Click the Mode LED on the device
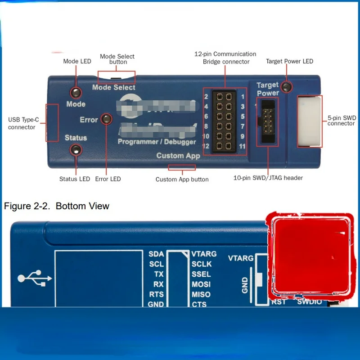[75, 92]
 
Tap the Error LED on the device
[107, 119]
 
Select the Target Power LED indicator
[285, 86]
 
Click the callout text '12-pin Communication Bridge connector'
[225, 58]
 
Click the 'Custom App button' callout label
[182, 179]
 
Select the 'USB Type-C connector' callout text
[22, 123]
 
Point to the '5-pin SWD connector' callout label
[342, 121]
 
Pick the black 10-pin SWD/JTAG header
[267, 121]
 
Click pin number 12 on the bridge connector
[206, 146]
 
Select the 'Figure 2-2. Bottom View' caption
[57, 206]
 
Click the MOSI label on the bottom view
[201, 284]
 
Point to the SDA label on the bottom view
[156, 254]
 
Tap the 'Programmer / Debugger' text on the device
[157, 142]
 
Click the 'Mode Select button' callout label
[117, 59]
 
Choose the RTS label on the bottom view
[156, 294]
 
